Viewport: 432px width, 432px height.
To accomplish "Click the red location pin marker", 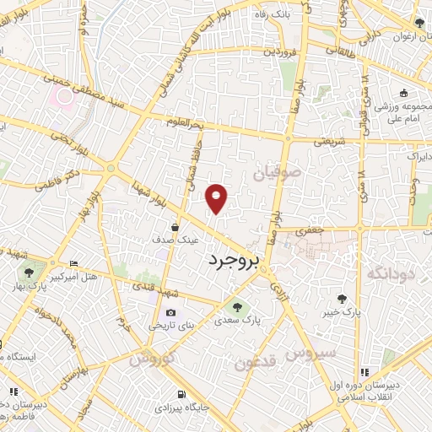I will (x=218, y=197).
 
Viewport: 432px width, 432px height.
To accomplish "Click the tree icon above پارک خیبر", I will (x=342, y=298).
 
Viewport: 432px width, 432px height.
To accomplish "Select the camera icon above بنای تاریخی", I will (x=171, y=312).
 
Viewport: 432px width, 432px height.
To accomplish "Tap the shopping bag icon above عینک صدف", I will (x=175, y=226).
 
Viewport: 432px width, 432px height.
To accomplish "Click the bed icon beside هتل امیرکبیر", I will (x=74, y=264).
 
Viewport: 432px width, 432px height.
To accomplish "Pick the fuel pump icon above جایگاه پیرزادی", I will (x=181, y=393).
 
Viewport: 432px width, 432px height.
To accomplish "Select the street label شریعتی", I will (x=330, y=142).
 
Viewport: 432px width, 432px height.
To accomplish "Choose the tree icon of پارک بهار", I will (x=30, y=272).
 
